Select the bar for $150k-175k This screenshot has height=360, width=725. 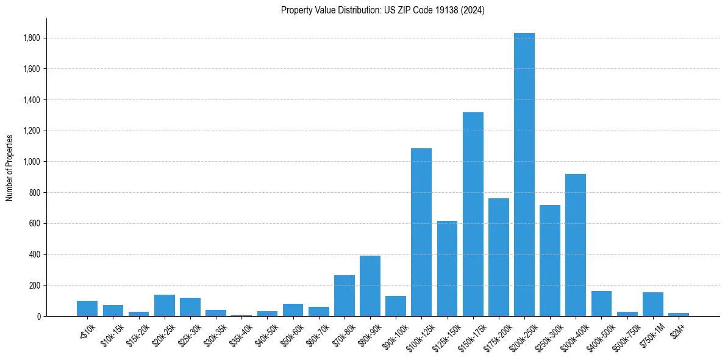473,214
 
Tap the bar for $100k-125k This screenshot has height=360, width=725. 421,232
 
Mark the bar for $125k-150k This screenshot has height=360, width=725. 447,268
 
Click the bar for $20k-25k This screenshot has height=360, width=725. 165,305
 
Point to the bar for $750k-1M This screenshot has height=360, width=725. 652,304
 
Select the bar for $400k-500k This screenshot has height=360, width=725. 601,303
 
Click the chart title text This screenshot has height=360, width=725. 382,10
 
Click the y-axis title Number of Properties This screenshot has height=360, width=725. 10,167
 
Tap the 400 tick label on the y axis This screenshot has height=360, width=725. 35,254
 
